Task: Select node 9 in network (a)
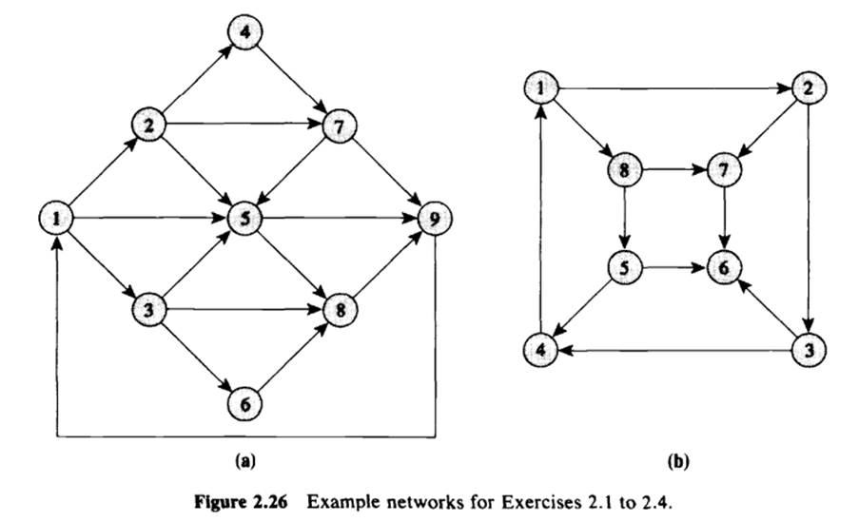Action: pyautogui.click(x=435, y=220)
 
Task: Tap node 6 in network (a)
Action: pyautogui.click(x=244, y=403)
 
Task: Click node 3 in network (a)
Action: pyautogui.click(x=150, y=309)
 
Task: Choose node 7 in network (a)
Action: pyautogui.click(x=338, y=125)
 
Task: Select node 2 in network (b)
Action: pyautogui.click(x=809, y=90)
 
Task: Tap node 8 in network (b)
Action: pyautogui.click(x=624, y=172)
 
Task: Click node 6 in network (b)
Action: pyautogui.click(x=726, y=269)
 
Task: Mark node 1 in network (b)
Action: pyautogui.click(x=540, y=90)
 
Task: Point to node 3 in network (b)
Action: pyautogui.click(x=810, y=349)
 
